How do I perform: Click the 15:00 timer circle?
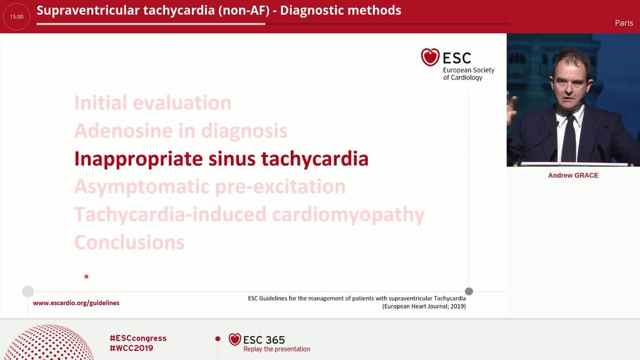tap(17, 17)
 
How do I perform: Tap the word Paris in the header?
tap(623, 23)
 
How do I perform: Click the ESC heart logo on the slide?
tap(430, 57)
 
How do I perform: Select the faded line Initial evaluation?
tap(153, 103)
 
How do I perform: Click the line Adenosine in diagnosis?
tap(181, 131)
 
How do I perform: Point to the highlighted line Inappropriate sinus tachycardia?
tap(221, 158)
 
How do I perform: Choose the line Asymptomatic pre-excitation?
tap(210, 186)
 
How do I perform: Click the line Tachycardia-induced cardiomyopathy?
tap(249, 214)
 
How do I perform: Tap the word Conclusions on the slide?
tap(129, 242)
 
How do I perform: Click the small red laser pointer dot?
tap(86, 277)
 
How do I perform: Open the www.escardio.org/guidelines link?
tap(76, 303)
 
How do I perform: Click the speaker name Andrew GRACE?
tap(573, 175)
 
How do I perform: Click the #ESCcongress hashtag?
tap(138, 338)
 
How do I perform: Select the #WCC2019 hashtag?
tap(131, 348)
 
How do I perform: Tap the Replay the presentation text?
tap(277, 349)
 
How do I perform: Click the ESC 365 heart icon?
tap(234, 339)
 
